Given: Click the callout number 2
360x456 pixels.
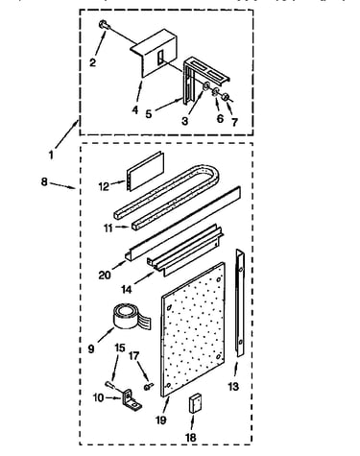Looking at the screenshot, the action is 92,62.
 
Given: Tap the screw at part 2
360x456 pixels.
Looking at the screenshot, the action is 104,25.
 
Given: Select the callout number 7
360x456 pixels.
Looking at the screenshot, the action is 234,122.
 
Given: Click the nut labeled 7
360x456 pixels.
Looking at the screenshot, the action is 227,97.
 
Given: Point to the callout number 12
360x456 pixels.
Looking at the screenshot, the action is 104,186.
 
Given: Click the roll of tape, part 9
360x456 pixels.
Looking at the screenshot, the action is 127,317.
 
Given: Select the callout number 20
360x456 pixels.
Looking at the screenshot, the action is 105,275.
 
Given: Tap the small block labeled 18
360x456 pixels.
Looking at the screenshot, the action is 195,403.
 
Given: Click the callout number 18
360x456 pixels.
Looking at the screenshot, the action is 191,438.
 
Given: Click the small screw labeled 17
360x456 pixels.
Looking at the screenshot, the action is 149,386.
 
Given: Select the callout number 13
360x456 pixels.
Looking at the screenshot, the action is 233,387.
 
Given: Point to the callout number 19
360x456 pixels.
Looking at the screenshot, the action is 161,420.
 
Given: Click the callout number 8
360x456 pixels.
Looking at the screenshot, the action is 44,181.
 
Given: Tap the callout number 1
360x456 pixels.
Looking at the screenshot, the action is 51,155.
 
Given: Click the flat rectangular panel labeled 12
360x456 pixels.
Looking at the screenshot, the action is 146,171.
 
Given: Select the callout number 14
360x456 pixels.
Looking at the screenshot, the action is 127,289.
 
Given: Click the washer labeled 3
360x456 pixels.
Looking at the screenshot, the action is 206,85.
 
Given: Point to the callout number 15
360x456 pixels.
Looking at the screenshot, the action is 120,348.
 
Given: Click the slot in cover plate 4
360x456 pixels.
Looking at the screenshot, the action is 160,58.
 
